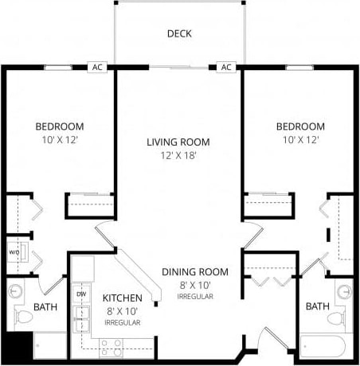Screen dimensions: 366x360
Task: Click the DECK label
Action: click(x=180, y=33)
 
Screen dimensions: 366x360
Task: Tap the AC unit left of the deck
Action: click(x=97, y=68)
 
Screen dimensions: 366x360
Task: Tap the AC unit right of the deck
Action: click(x=226, y=68)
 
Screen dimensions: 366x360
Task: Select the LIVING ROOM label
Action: click(x=178, y=142)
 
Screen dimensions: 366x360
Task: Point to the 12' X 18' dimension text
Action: click(x=178, y=155)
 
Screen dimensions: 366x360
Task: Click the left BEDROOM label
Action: click(x=60, y=127)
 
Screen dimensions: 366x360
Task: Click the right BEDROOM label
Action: click(x=300, y=127)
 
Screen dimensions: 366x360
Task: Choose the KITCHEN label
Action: click(x=123, y=298)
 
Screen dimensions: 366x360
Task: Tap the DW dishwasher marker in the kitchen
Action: click(x=81, y=294)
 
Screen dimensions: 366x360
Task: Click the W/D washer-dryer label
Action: click(x=14, y=254)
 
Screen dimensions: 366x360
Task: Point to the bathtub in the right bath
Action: click(x=324, y=348)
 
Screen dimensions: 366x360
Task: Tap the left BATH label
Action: click(x=45, y=306)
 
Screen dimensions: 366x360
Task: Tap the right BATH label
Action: click(x=318, y=306)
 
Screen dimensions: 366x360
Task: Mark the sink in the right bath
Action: click(x=343, y=291)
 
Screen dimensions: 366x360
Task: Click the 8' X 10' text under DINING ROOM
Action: click(x=194, y=285)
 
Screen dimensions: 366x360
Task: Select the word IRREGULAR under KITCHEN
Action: click(x=123, y=323)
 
